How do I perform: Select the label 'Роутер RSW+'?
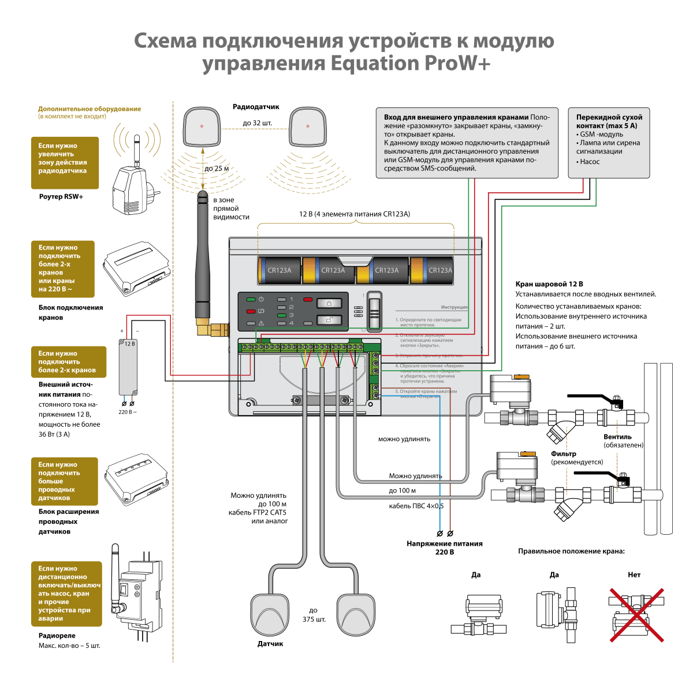(x=61, y=197)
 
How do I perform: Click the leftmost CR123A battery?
(x=279, y=270)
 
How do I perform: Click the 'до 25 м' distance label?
(x=217, y=169)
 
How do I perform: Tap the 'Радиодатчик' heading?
(x=256, y=107)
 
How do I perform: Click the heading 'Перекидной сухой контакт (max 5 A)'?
(x=609, y=121)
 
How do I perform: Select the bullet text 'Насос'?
(x=590, y=162)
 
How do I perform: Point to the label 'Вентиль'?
(x=617, y=437)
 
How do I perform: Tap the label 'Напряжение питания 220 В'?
(x=444, y=547)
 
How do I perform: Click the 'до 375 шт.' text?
(x=314, y=615)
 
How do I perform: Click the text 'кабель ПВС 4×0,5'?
(x=416, y=506)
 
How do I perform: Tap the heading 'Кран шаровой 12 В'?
(x=549, y=284)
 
